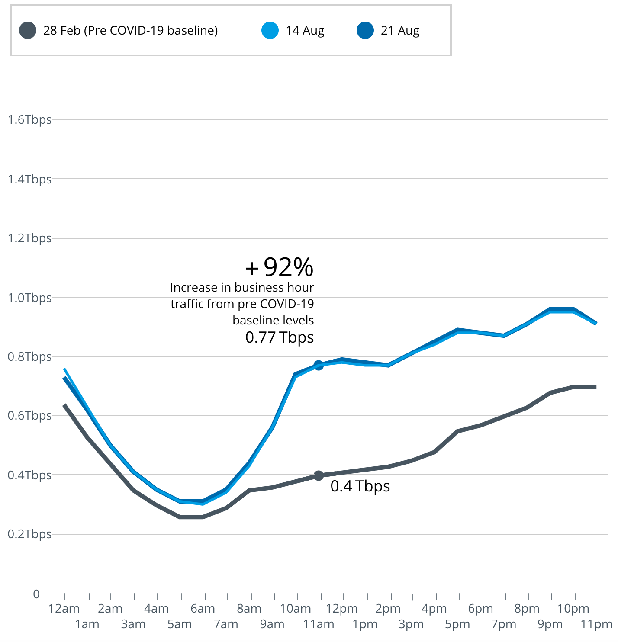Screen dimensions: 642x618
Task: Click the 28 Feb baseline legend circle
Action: pyautogui.click(x=28, y=31)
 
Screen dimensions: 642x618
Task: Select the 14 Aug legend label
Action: pyautogui.click(x=305, y=31)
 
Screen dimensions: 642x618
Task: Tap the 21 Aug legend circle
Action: pyautogui.click(x=365, y=31)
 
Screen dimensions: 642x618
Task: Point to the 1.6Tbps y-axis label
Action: pyautogui.click(x=29, y=120)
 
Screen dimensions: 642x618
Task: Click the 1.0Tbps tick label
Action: pyautogui.click(x=29, y=298)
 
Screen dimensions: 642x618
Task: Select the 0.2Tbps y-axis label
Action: pyautogui.click(x=29, y=534)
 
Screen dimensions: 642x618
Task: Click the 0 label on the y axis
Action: pyautogui.click(x=36, y=594)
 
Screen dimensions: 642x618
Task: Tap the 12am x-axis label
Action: pyautogui.click(x=64, y=609)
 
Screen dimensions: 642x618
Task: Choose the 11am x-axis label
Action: pyautogui.click(x=319, y=624)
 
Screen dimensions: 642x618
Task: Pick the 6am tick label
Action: pyautogui.click(x=203, y=609)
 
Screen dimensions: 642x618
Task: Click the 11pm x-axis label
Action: pyautogui.click(x=596, y=624)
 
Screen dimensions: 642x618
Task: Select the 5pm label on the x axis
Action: pyautogui.click(x=457, y=624)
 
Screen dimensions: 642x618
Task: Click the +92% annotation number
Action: pyautogui.click(x=280, y=267)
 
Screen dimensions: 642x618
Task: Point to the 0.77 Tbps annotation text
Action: pyautogui.click(x=280, y=337)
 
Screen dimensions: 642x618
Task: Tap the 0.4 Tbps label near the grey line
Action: pyautogui.click(x=360, y=486)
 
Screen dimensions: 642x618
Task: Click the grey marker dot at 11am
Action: pyautogui.click(x=319, y=475)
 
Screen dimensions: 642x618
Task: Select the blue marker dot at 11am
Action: pyautogui.click(x=319, y=365)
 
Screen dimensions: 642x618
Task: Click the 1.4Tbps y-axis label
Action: pyautogui.click(x=29, y=179)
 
